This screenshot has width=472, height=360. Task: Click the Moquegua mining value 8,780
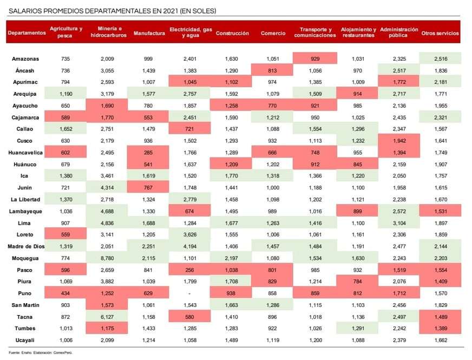click(109, 258)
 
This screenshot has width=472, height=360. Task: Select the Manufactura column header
click(149, 33)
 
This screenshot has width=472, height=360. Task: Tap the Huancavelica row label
click(27, 153)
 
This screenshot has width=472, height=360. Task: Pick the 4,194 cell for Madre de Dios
click(191, 246)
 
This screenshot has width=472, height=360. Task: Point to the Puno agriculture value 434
click(65, 293)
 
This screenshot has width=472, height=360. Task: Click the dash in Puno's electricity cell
click(191, 293)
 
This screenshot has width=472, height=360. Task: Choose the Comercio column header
click(273, 33)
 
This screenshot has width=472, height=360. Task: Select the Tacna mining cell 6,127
click(109, 317)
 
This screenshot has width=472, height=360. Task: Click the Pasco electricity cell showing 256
click(191, 270)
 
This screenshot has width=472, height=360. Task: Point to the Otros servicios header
click(440, 33)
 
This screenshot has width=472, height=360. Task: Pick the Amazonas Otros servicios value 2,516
click(440, 58)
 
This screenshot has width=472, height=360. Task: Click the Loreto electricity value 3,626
click(191, 234)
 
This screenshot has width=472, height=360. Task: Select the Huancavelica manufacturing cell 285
click(149, 153)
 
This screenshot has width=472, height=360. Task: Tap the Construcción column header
click(232, 33)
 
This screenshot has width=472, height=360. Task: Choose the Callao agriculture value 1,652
click(65, 129)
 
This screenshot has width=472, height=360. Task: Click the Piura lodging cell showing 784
click(358, 282)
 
